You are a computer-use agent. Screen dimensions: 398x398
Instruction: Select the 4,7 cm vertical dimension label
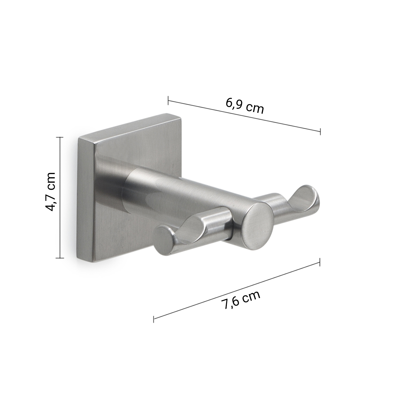pos(50,191)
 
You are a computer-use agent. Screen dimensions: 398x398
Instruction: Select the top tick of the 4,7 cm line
pos(60,137)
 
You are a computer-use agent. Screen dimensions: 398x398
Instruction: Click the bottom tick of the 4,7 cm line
pos(60,258)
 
